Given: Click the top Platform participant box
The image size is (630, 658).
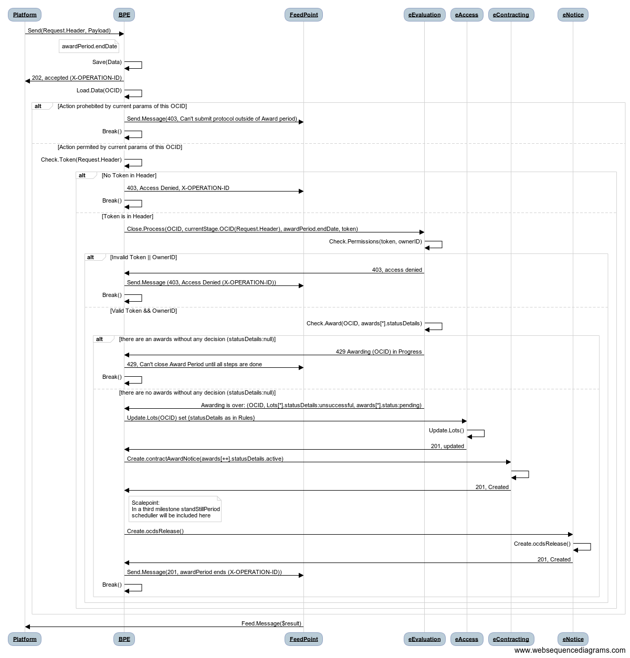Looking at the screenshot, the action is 25,15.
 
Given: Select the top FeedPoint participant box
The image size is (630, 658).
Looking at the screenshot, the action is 303,15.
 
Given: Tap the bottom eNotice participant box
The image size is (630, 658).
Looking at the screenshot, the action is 573,639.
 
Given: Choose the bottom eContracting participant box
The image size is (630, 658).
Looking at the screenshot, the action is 511,639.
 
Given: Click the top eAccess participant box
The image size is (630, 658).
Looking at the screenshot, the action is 467,15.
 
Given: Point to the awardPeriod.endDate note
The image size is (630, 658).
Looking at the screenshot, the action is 89,46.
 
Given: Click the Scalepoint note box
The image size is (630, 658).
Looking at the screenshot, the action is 175,509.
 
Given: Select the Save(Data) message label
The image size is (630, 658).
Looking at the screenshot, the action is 107,62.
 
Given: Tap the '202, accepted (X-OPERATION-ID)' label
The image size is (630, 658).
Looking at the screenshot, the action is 77,78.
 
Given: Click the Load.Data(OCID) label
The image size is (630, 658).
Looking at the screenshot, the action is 99,91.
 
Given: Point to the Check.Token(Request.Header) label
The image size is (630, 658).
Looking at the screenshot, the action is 81,160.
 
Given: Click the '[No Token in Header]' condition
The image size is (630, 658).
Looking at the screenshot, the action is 129,175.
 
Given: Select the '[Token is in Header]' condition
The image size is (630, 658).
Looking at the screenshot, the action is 128,216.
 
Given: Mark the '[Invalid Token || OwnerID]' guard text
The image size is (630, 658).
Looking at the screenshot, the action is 143,257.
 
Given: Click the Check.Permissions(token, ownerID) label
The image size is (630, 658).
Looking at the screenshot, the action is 375,241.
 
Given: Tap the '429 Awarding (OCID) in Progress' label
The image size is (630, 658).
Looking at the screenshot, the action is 379,352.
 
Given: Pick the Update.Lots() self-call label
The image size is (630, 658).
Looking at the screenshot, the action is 446,430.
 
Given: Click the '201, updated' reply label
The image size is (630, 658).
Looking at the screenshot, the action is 447,447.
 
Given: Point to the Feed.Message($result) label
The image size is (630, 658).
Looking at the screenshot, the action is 271,623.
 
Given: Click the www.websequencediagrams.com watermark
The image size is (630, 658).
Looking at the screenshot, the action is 570,650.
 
